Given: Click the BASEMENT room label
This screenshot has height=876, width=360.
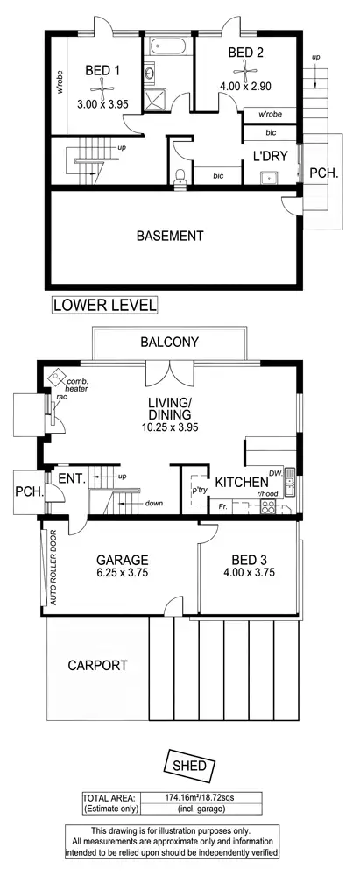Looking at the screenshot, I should click(170, 236).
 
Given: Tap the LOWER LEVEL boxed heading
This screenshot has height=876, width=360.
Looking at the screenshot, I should click(105, 305).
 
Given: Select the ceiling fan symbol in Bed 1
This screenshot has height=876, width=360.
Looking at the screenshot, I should click(103, 86).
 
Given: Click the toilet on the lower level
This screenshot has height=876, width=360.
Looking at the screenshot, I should click(180, 177).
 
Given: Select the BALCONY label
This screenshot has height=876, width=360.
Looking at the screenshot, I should click(170, 343).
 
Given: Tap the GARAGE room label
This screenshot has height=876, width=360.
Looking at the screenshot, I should click(123, 560).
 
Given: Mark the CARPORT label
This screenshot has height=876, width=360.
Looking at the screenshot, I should click(97, 665).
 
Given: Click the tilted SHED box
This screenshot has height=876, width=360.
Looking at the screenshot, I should click(188, 765).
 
